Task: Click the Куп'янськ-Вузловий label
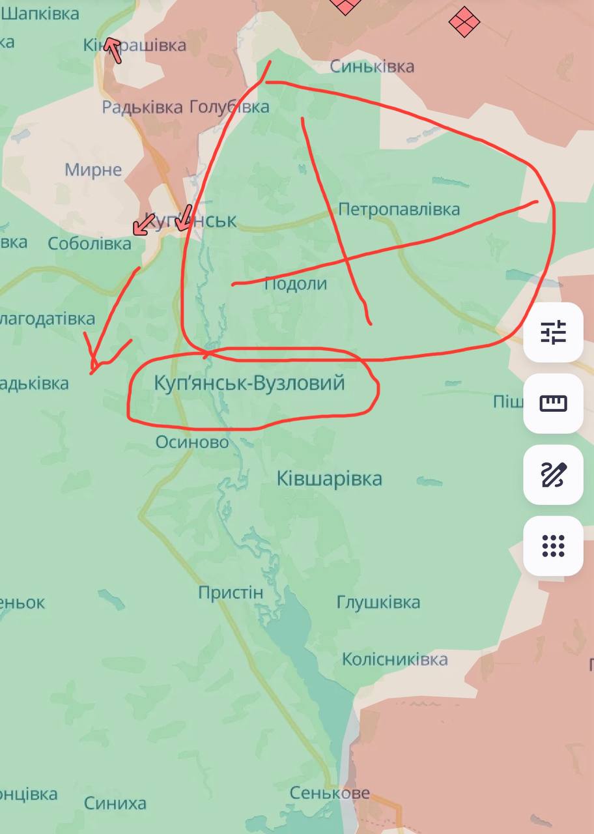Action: [x=249, y=383]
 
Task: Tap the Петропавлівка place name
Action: [x=399, y=209]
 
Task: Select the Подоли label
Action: [x=296, y=284]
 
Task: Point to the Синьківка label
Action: [x=372, y=66]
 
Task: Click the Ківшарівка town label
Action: [x=330, y=479]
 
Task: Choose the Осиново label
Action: [x=192, y=442]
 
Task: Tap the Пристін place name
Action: [x=231, y=593]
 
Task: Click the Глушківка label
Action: [x=378, y=602]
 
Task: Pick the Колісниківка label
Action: [x=395, y=659]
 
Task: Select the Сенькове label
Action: [x=330, y=793]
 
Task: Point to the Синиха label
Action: [x=115, y=803]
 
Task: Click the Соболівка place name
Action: [x=89, y=244]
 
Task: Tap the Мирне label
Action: [x=93, y=170]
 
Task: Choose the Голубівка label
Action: [x=229, y=107]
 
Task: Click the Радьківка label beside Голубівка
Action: [x=142, y=107]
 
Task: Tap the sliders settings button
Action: [x=553, y=332]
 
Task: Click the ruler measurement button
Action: [x=553, y=403]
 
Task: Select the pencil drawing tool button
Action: [x=553, y=474]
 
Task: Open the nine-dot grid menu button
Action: [x=553, y=545]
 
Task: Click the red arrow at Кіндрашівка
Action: [x=114, y=50]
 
